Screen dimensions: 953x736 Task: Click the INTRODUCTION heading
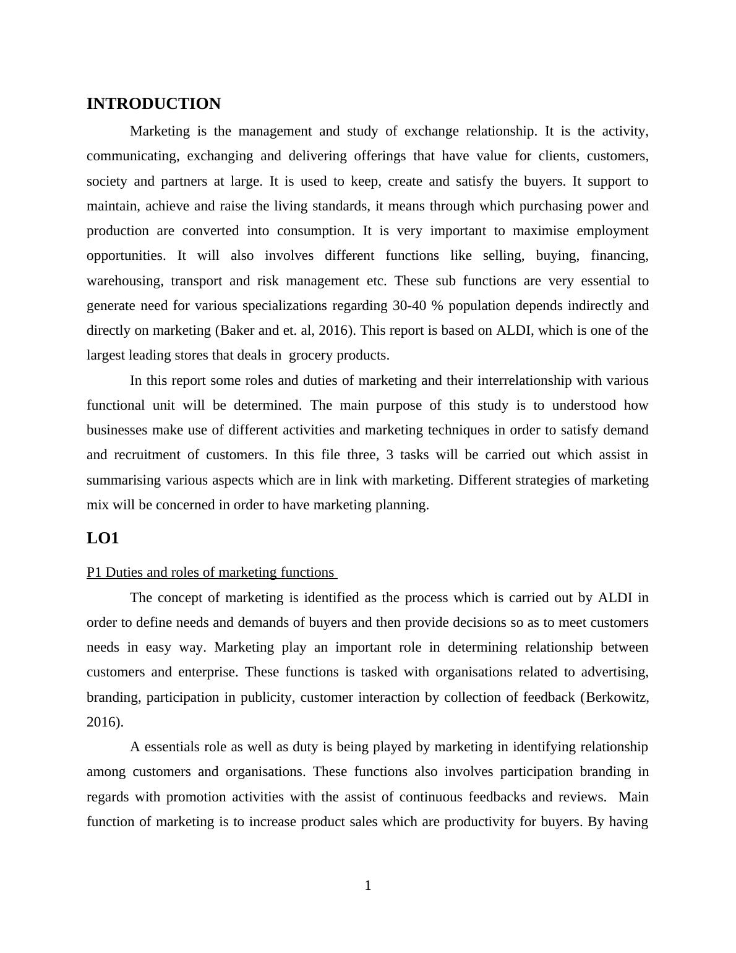(x=153, y=104)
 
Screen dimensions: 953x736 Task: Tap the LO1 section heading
(x=103, y=538)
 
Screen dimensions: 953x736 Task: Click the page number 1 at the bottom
(x=368, y=886)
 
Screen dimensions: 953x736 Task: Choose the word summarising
(x=124, y=480)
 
